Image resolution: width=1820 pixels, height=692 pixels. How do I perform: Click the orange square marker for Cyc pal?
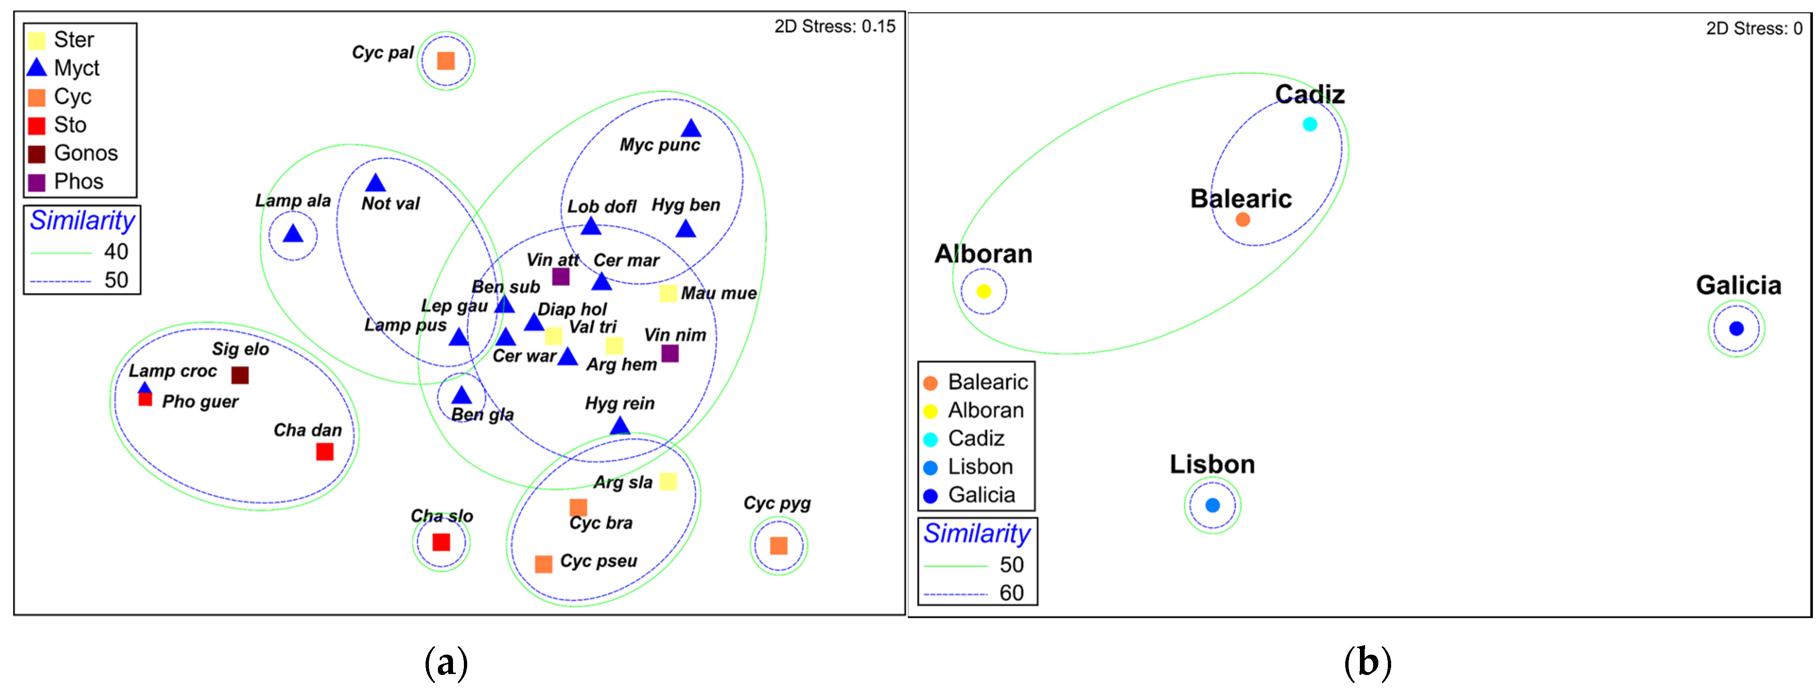point(446,61)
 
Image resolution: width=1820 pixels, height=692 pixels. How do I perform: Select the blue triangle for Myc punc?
point(691,129)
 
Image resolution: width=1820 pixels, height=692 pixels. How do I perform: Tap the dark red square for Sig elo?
point(240,376)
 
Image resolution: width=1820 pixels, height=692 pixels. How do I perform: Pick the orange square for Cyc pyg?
point(779,546)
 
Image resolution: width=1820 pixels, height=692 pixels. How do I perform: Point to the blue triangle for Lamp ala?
point(293,234)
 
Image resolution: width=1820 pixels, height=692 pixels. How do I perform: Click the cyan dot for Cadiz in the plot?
point(1310,124)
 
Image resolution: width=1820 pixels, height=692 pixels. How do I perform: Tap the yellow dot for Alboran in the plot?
point(984,291)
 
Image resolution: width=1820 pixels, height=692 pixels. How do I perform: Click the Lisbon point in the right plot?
point(1212,505)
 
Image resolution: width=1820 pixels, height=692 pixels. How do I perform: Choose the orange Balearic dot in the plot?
point(1243,220)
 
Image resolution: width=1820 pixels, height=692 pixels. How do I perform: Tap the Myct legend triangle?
point(37,68)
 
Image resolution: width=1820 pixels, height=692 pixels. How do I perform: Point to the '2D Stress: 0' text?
point(1754,29)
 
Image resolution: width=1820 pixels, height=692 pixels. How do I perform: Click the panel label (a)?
point(446,662)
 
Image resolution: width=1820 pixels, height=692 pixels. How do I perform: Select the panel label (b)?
point(1367,662)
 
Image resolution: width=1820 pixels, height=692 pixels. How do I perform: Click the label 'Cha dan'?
point(307,430)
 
